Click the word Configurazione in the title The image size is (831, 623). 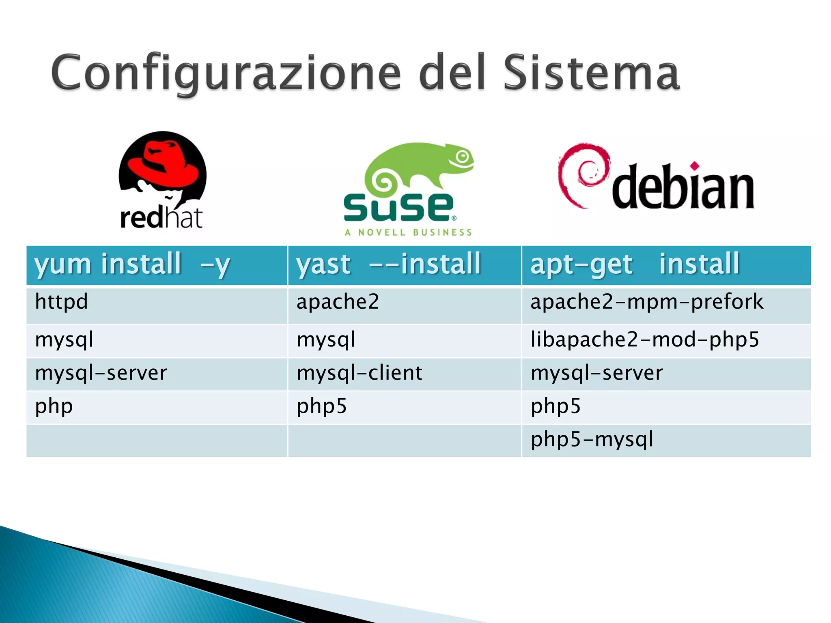point(226,73)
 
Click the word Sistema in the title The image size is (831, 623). point(591,73)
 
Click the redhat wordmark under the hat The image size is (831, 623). point(161,218)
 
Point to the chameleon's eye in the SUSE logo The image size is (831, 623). point(462,157)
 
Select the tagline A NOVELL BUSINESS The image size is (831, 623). point(408,232)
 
